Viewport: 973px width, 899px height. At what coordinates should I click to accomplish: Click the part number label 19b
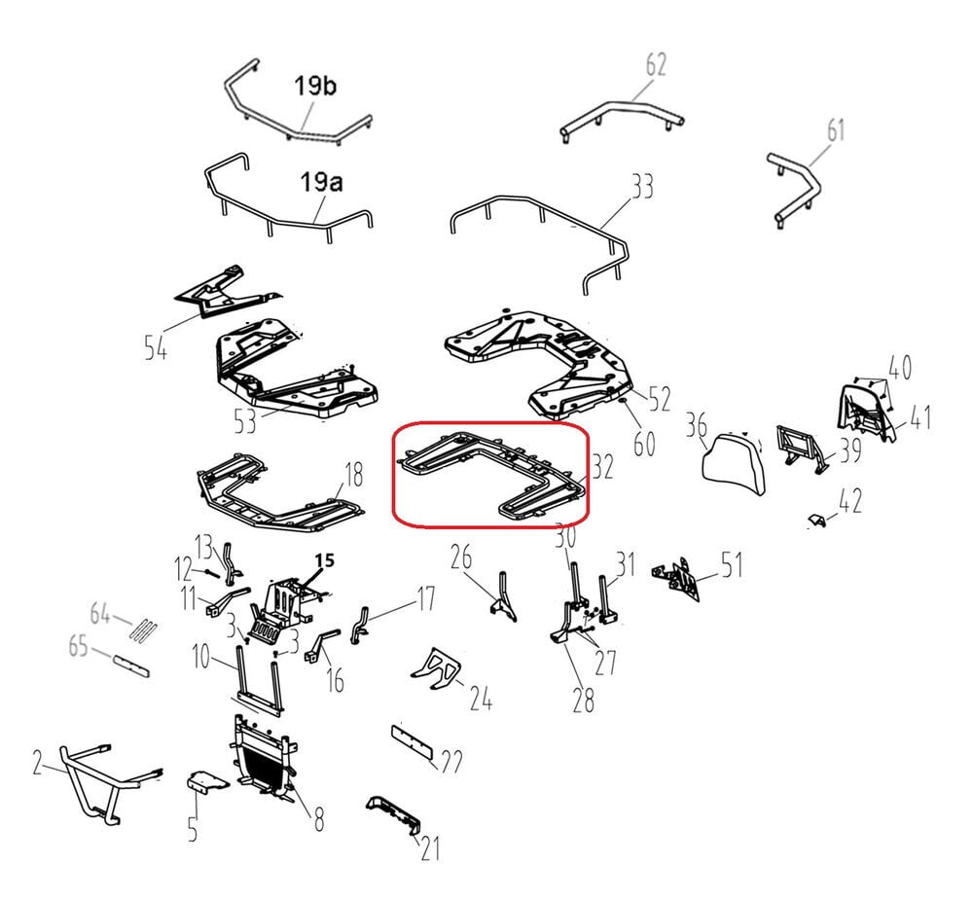314,86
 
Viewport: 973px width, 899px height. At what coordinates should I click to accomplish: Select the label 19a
321,182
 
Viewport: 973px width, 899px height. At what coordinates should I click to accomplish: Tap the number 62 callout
656,64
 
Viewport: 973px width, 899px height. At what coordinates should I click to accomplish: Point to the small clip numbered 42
819,521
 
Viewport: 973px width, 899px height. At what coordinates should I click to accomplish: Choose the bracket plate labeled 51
677,578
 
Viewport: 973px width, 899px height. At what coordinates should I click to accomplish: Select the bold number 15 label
325,560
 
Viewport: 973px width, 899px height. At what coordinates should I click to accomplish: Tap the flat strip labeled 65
131,665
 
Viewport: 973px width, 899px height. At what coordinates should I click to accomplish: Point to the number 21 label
430,848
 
